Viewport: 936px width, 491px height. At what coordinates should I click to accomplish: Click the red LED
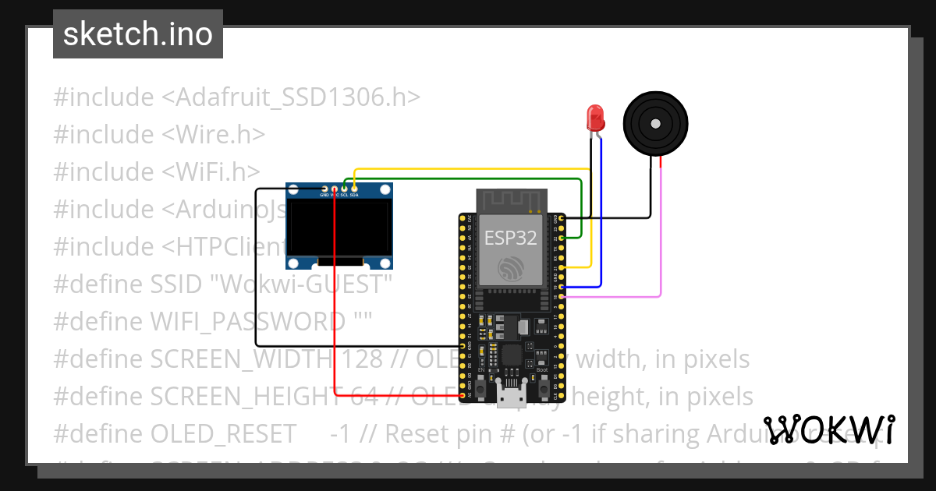596,118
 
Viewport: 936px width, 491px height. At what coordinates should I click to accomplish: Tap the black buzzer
655,122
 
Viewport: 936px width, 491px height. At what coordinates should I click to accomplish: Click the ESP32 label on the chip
511,238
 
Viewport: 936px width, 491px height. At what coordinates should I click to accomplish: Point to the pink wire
661,234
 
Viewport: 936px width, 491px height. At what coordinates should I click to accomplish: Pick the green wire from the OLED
468,178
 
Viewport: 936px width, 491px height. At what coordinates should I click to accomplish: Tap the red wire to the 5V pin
335,312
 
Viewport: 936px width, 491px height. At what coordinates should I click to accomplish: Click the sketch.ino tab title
137,34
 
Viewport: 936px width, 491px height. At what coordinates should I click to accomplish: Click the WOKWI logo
828,429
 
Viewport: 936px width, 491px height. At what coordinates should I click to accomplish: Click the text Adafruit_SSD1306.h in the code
299,97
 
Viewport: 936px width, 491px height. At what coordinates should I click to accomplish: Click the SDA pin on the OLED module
354,189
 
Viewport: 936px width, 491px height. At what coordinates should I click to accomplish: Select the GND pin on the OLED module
324,189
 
